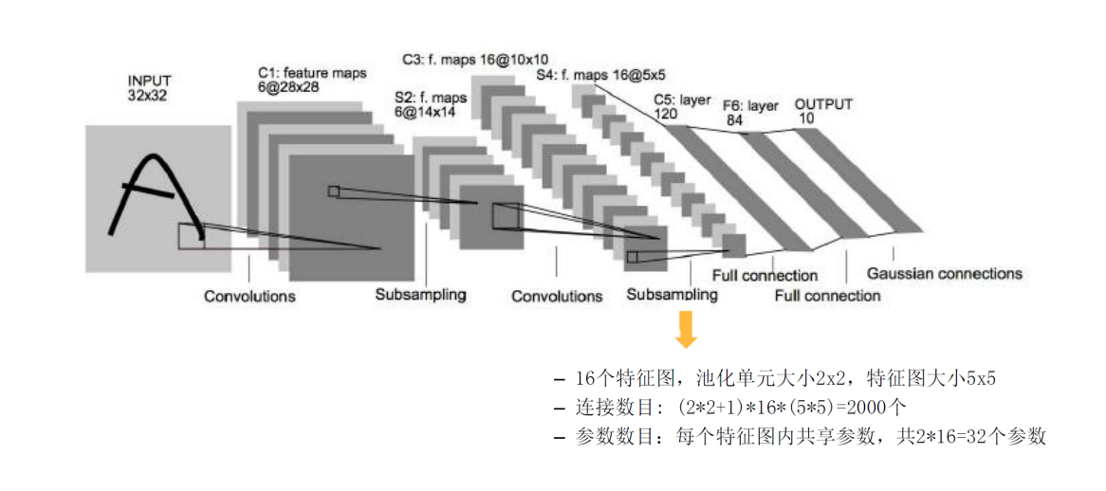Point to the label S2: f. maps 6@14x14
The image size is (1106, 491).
(x=431, y=103)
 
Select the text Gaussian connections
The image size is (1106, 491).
(x=945, y=274)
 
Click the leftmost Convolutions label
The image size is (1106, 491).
(x=249, y=297)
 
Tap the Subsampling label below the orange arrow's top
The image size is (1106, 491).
(x=672, y=295)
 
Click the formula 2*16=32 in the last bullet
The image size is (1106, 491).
(x=938, y=436)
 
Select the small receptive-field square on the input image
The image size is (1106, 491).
(x=191, y=235)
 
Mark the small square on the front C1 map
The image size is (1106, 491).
(x=333, y=191)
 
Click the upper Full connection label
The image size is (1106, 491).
(x=765, y=276)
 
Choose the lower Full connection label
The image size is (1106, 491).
(x=827, y=296)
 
